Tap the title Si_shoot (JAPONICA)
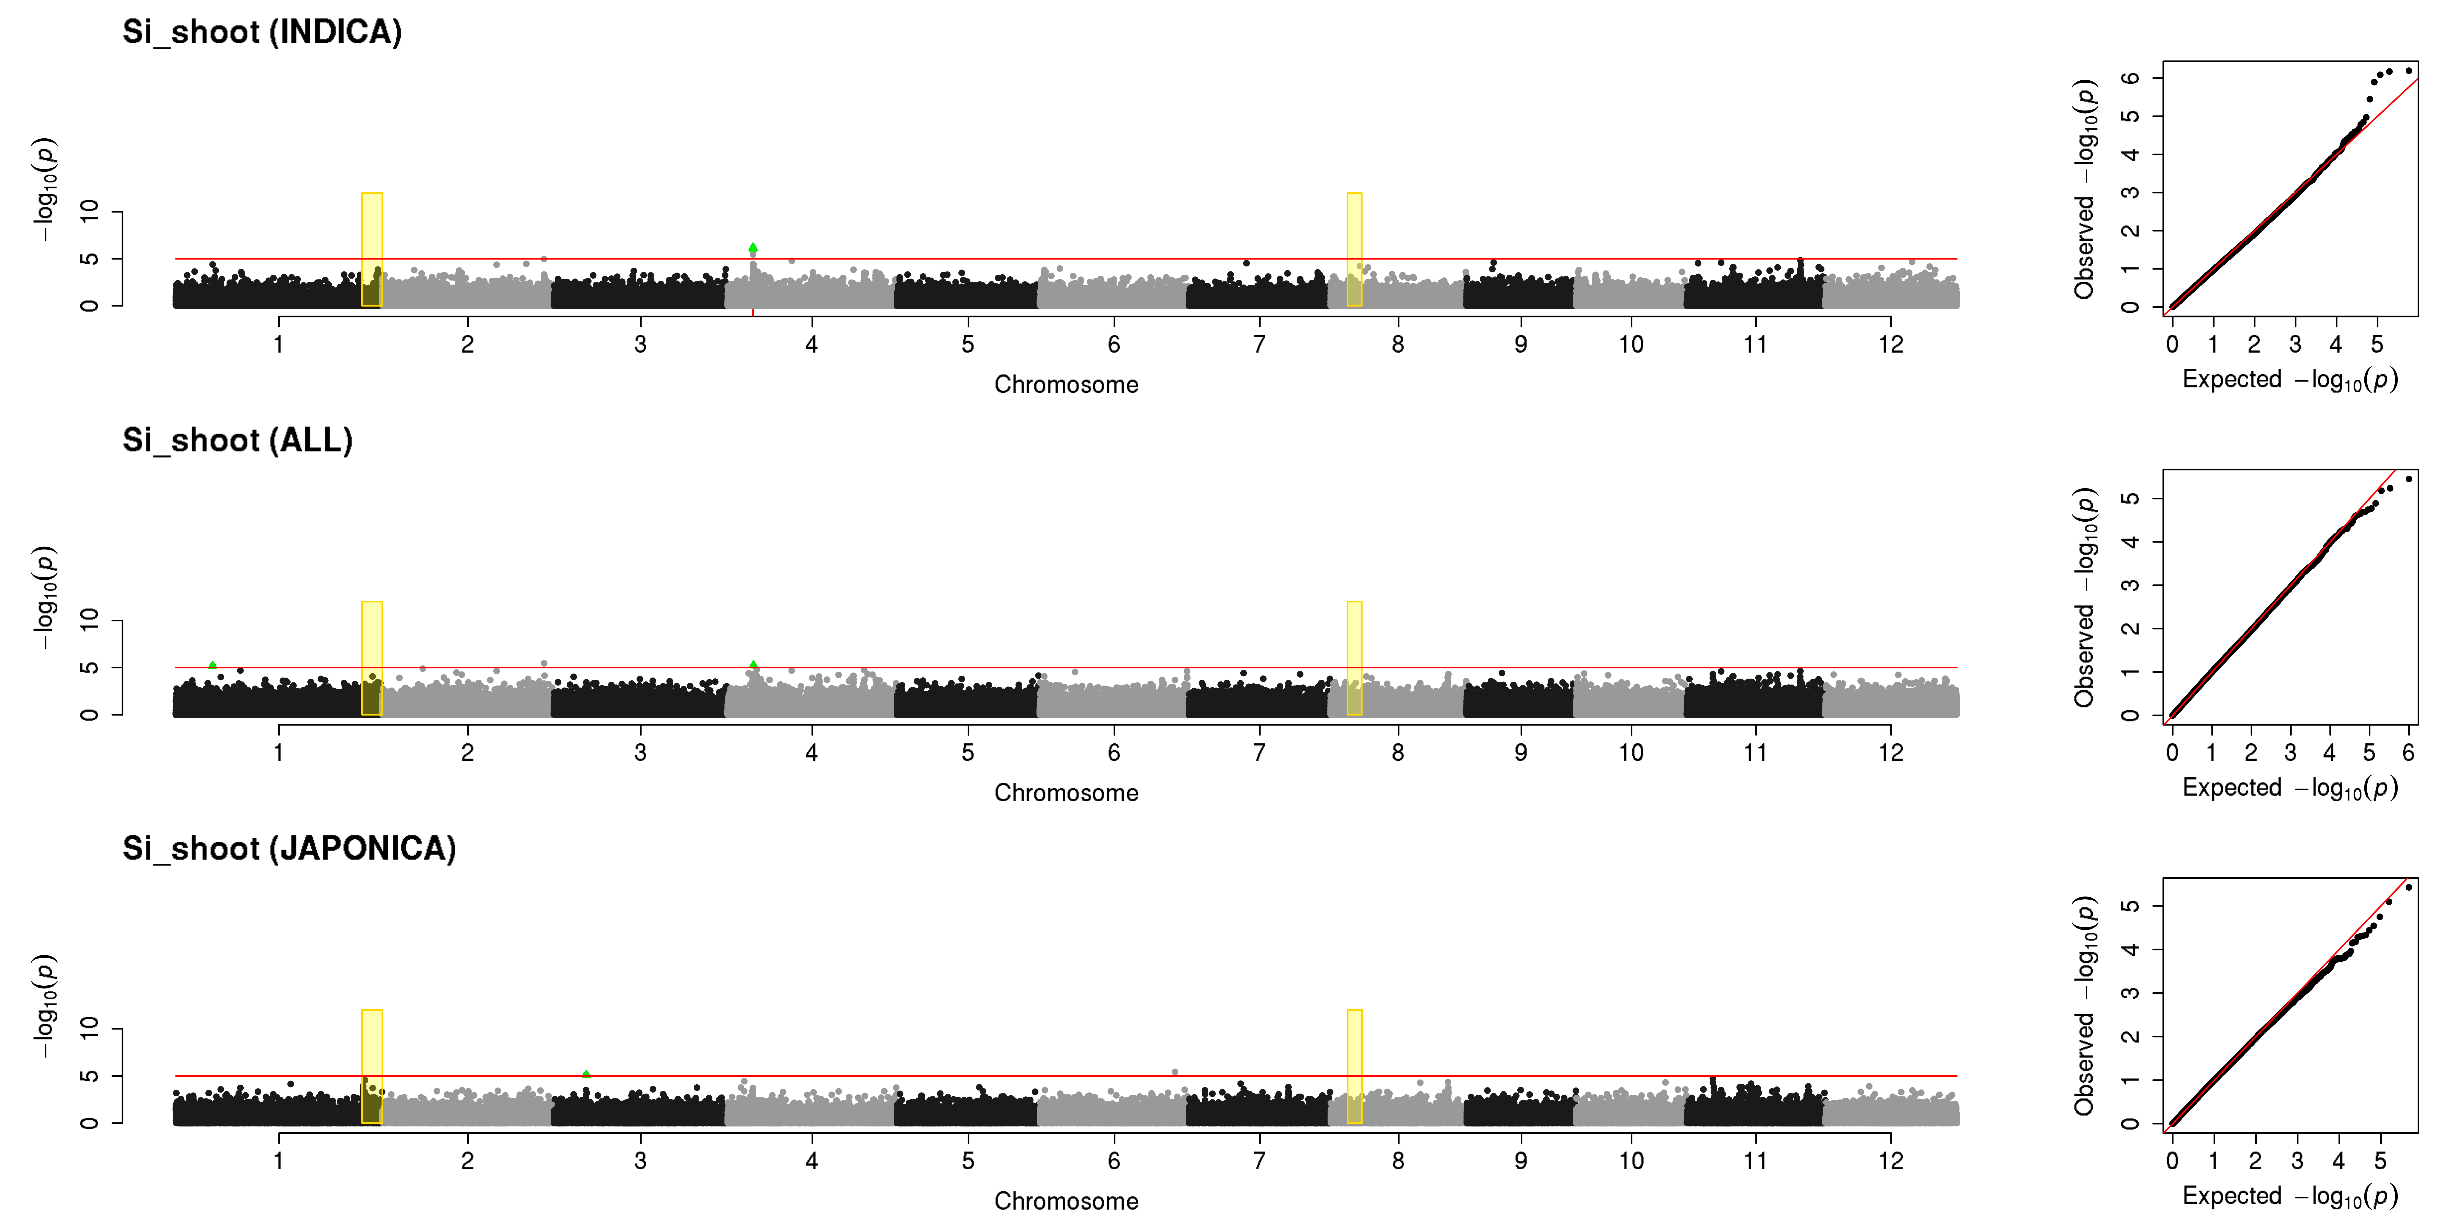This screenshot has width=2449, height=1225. pyautogui.click(x=289, y=848)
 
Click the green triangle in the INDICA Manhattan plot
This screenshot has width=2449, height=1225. pyautogui.click(x=753, y=248)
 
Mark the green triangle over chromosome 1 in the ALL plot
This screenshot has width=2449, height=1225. pyautogui.click(x=212, y=665)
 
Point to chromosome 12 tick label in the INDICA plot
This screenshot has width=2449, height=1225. pyautogui.click(x=1891, y=344)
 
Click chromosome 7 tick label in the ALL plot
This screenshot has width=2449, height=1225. pyautogui.click(x=1260, y=752)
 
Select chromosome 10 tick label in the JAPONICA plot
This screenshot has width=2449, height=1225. pyautogui.click(x=1631, y=1160)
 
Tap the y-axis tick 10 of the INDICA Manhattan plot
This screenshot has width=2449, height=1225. pyautogui.click(x=89, y=211)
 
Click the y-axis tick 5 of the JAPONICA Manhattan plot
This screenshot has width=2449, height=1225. pyautogui.click(x=89, y=1076)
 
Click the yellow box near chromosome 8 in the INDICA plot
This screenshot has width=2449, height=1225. pyautogui.click(x=1354, y=249)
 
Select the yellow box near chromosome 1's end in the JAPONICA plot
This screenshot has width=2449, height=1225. pyautogui.click(x=372, y=1066)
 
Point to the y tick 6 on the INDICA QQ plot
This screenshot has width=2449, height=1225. pyautogui.click(x=2131, y=77)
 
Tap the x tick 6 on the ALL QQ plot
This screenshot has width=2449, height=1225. pyautogui.click(x=2408, y=752)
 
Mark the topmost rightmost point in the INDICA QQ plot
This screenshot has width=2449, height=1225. pyautogui.click(x=2408, y=70)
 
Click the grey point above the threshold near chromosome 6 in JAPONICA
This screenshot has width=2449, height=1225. pyautogui.click(x=1175, y=1072)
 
